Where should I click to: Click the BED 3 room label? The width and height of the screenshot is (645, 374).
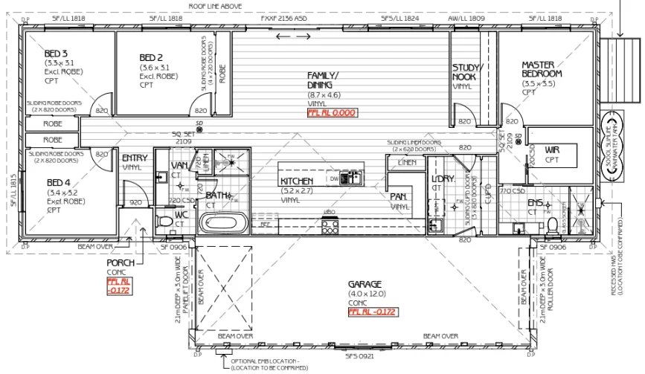[x=56, y=54]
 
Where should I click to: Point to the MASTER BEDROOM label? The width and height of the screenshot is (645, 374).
[x=541, y=69]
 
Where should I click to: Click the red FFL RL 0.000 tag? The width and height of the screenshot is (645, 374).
[x=332, y=113]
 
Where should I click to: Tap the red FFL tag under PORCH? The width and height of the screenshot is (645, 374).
[x=118, y=287]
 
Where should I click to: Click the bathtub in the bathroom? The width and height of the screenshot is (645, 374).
[x=224, y=222]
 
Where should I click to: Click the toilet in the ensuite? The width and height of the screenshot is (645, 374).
[x=552, y=224]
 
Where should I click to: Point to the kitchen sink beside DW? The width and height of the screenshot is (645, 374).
[x=353, y=177]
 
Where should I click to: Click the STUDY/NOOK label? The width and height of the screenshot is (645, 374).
[x=468, y=72]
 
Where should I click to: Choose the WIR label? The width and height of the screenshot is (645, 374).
[x=551, y=149]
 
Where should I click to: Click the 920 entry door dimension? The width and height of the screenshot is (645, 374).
[x=136, y=202]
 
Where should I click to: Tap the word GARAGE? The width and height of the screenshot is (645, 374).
[x=365, y=284]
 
